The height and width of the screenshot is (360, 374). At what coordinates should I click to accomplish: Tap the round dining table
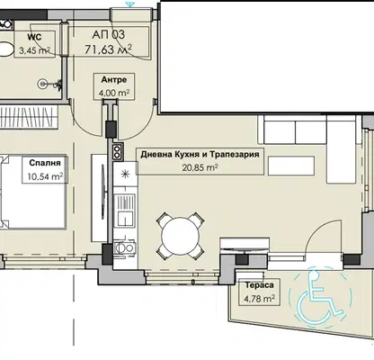click(180, 236)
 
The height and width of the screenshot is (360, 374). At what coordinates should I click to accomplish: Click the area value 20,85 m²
click(200, 167)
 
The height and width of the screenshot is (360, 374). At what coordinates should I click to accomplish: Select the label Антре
click(114, 80)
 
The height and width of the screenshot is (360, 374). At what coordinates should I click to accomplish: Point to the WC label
click(34, 38)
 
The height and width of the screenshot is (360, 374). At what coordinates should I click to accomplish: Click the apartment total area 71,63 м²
click(109, 49)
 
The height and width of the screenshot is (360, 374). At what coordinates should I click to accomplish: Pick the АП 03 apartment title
click(109, 34)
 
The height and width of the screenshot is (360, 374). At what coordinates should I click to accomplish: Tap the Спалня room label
click(45, 163)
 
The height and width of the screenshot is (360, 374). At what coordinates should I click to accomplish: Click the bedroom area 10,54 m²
click(45, 176)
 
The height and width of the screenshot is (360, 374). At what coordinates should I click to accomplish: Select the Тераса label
click(260, 285)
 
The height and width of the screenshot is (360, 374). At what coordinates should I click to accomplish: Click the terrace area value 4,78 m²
click(260, 299)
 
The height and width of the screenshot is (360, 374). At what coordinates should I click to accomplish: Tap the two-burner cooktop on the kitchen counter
click(117, 151)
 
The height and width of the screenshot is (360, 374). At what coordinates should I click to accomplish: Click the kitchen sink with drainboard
click(126, 210)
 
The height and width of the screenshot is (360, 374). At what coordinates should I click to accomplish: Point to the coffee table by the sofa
click(291, 166)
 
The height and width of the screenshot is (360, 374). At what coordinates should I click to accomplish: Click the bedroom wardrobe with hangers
click(29, 117)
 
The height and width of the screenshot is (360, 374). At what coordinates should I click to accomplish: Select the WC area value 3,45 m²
click(34, 50)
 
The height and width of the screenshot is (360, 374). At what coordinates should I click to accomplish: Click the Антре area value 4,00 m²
click(114, 93)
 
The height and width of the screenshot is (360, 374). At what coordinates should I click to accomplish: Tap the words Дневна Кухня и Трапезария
click(200, 155)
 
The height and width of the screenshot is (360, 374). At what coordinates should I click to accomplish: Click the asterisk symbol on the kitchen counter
click(125, 175)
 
